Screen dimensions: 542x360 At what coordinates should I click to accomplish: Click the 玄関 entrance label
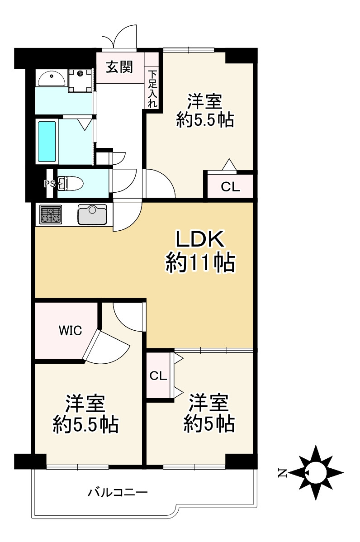[x=119, y=67]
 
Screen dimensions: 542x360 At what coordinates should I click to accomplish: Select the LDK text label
[x=199, y=240]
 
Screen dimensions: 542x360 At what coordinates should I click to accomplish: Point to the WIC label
[x=70, y=331]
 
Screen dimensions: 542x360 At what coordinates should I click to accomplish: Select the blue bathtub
[x=47, y=141]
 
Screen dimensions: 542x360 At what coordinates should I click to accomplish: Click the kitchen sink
[x=92, y=214]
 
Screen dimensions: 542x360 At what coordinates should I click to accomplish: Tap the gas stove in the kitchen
[x=51, y=214]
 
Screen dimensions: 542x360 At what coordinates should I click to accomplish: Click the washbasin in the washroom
[x=52, y=78]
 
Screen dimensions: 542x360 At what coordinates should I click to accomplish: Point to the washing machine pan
[x=81, y=81]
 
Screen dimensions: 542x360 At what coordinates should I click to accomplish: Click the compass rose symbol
[x=316, y=473]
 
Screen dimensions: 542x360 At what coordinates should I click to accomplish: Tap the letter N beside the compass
[x=282, y=474]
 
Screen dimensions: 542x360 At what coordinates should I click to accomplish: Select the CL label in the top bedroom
[x=230, y=187]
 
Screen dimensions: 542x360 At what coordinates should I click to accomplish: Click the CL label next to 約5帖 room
[x=158, y=375]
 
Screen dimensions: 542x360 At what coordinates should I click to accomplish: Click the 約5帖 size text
[x=208, y=424]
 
